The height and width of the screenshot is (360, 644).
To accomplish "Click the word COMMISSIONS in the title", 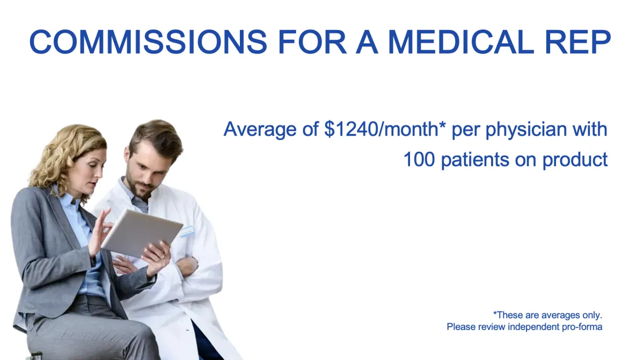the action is click(148, 41).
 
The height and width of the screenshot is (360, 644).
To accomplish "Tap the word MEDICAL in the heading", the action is click(460, 41).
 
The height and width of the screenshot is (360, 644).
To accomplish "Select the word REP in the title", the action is click(578, 41).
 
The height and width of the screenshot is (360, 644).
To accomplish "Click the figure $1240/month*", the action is click(385, 129).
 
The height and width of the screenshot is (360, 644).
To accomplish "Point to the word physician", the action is click(526, 130).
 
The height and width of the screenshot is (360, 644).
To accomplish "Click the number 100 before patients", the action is click(419, 159).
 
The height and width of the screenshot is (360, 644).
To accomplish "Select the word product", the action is click(575, 160).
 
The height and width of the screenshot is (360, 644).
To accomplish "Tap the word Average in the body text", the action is click(260, 129).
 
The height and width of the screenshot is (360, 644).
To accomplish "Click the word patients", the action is click(475, 160).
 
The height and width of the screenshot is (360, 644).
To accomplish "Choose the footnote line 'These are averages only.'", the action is click(548, 315).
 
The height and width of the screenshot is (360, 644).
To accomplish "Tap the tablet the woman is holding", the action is click(142, 233).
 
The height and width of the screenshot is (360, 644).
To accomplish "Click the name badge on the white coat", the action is click(187, 231).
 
